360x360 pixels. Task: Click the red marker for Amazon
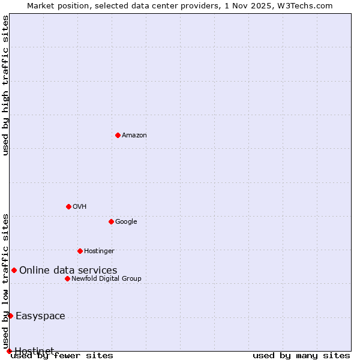coord(118,135)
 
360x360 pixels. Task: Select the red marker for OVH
coord(68,206)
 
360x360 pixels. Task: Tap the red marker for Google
coord(111,221)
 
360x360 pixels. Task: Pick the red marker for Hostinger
coord(80,251)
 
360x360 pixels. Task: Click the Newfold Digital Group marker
coord(67,278)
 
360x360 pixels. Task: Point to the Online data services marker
coord(14,270)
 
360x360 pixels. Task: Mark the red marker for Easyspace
coord(10,316)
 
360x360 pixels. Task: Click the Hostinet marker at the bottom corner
coord(9,351)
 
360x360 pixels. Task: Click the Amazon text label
coord(134,136)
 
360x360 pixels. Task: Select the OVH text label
coord(80,207)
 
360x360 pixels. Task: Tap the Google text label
coord(126,222)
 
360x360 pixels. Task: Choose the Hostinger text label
coord(99,251)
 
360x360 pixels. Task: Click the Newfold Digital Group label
coord(106,279)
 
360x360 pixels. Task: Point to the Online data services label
coord(68,271)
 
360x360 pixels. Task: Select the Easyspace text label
coord(40,316)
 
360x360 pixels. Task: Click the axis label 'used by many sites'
coord(301,355)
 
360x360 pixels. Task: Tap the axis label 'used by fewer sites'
coord(62,355)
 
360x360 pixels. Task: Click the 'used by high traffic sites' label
coord(6,85)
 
